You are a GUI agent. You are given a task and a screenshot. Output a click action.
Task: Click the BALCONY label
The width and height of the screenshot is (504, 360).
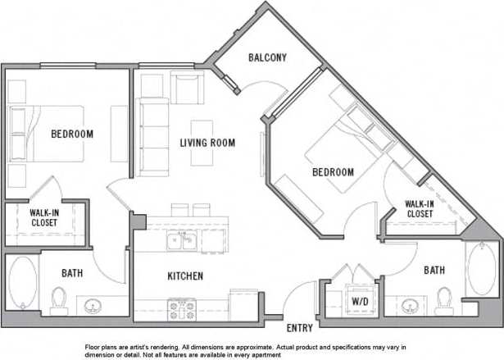(x=267, y=57)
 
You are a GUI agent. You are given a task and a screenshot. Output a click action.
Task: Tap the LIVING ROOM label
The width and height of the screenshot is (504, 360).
(x=207, y=143)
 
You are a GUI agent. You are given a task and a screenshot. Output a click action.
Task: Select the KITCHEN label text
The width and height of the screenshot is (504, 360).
(x=185, y=276)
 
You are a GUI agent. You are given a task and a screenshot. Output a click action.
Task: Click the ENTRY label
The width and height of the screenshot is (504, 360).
(x=300, y=328)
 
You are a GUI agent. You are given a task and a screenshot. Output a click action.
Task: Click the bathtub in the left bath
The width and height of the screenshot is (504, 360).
(x=22, y=283)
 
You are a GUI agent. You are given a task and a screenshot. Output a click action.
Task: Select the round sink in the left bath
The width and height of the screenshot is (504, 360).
(x=92, y=308)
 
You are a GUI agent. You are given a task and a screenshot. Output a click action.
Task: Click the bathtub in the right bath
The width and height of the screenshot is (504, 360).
(x=481, y=269)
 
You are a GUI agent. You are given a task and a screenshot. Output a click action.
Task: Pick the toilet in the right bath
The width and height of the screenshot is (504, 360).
(x=444, y=299)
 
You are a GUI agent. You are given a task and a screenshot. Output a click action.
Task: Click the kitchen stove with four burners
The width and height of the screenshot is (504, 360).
(x=181, y=308)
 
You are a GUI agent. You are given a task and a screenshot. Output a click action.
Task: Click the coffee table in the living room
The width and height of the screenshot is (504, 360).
(x=202, y=142)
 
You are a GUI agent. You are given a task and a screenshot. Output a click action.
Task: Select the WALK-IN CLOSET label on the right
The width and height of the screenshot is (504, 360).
(x=418, y=209)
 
